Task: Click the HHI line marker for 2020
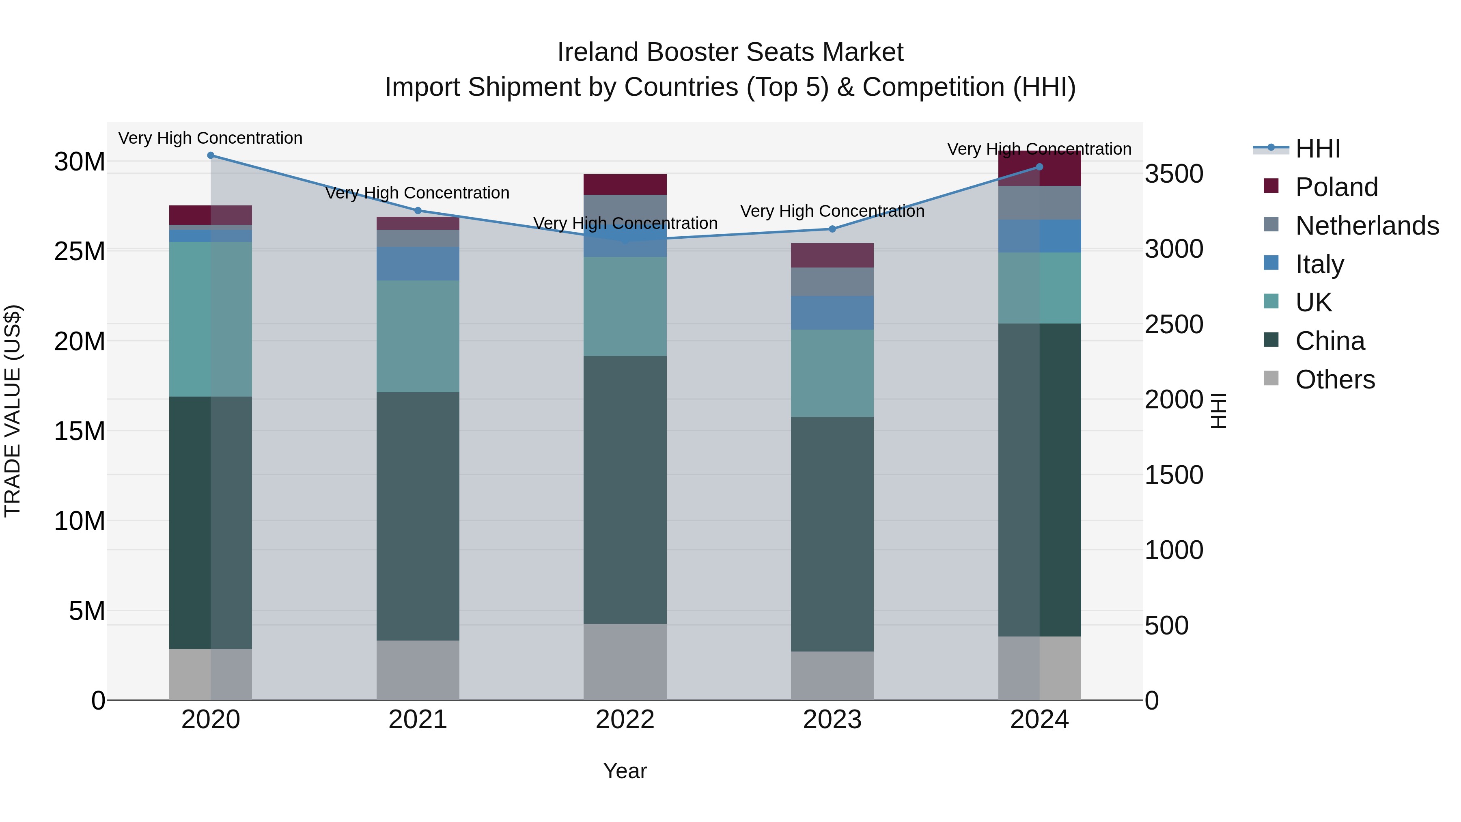(210, 155)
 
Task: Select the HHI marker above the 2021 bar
(418, 210)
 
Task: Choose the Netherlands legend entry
(1366, 226)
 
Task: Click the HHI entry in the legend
(1317, 149)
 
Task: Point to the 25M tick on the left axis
(80, 251)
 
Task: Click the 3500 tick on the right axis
(1173, 174)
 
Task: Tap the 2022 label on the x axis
(625, 720)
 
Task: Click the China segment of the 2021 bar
(418, 516)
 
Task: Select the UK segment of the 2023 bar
(832, 373)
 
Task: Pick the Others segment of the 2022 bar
(625, 662)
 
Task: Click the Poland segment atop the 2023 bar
(832, 255)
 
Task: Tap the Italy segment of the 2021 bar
(418, 264)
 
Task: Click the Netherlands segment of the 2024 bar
(1040, 203)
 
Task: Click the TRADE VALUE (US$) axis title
(13, 411)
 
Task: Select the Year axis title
(625, 771)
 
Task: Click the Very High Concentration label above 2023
(832, 211)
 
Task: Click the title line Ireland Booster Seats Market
(730, 52)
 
